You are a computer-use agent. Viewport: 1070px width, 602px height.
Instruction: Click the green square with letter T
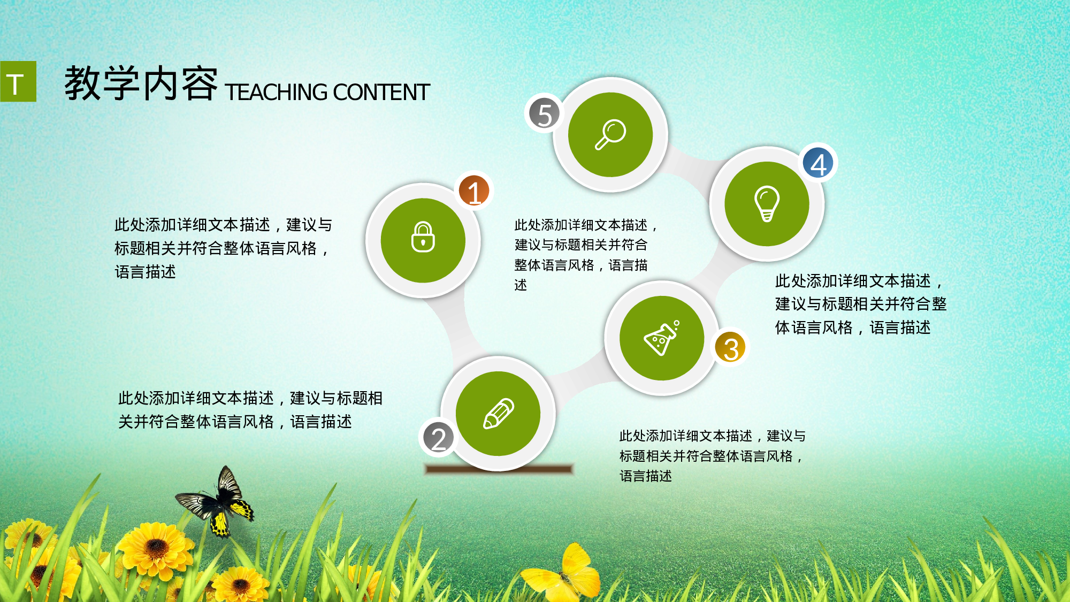click(18, 81)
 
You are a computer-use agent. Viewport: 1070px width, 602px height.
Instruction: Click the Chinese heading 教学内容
click(141, 83)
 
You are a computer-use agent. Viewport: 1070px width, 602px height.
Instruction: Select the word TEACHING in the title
click(276, 92)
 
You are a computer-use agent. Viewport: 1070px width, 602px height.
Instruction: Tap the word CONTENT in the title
click(381, 92)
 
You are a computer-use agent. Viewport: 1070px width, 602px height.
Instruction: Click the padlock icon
click(423, 237)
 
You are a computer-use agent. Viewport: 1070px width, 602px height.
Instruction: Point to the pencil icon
click(498, 413)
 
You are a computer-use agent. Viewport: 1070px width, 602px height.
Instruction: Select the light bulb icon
click(767, 203)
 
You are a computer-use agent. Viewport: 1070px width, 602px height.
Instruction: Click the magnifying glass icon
click(610, 134)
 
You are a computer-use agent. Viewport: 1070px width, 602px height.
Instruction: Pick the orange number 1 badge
click(474, 192)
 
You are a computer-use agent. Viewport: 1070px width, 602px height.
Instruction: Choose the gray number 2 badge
click(438, 438)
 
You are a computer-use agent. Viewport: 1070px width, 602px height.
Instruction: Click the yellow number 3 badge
click(730, 347)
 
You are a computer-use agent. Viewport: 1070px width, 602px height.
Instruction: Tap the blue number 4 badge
click(818, 163)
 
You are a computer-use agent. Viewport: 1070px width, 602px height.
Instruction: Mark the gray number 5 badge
click(544, 113)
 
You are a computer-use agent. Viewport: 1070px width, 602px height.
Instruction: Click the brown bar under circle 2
click(499, 469)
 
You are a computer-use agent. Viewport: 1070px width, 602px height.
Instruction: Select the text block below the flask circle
click(712, 455)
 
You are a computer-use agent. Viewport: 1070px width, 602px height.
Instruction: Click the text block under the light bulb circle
click(860, 304)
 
